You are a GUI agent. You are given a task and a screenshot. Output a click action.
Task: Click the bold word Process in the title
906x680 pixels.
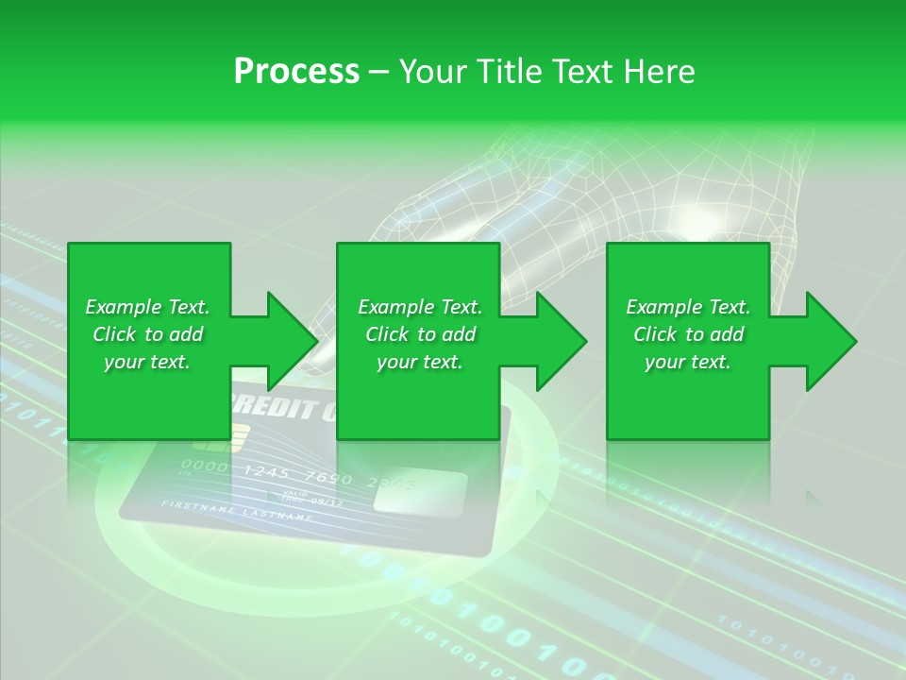tap(296, 72)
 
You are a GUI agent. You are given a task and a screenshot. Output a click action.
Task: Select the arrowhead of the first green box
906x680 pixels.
tap(293, 341)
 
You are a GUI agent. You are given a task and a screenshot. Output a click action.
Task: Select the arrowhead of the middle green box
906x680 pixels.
tap(562, 341)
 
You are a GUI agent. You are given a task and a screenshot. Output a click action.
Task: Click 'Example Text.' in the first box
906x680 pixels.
tap(147, 307)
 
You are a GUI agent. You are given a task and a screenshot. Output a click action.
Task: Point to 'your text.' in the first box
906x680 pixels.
tap(147, 362)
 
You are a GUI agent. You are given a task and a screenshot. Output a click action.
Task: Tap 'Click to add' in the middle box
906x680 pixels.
tap(419, 334)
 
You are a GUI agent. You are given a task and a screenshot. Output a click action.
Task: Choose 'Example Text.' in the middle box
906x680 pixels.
tap(419, 307)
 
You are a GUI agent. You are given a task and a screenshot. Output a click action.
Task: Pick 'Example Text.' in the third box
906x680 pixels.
tap(688, 307)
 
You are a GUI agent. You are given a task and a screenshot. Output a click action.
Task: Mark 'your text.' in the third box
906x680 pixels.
tap(688, 362)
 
